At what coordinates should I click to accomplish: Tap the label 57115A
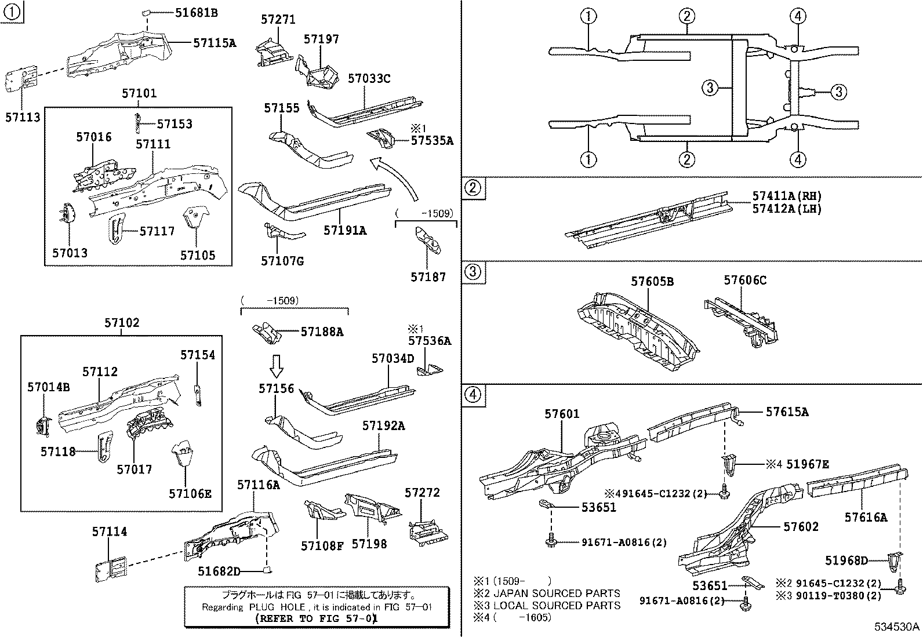pos(215,42)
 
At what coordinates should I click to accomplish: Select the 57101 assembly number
pos(139,93)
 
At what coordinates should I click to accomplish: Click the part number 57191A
pos(345,231)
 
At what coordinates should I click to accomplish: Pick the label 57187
pos(428,277)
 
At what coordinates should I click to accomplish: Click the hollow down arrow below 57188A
pos(277,366)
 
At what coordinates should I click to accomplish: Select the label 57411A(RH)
pos(787,196)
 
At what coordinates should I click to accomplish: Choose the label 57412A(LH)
pos(787,209)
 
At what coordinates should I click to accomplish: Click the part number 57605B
pos(652,282)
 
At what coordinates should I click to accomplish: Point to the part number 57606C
pos(745,281)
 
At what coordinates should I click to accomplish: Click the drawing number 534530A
pos(897,627)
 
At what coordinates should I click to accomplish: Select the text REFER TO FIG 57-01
pos(317,618)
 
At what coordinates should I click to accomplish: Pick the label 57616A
pos(866,518)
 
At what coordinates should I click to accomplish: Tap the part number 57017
pos(135,469)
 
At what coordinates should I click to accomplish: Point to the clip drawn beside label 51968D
pos(895,560)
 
